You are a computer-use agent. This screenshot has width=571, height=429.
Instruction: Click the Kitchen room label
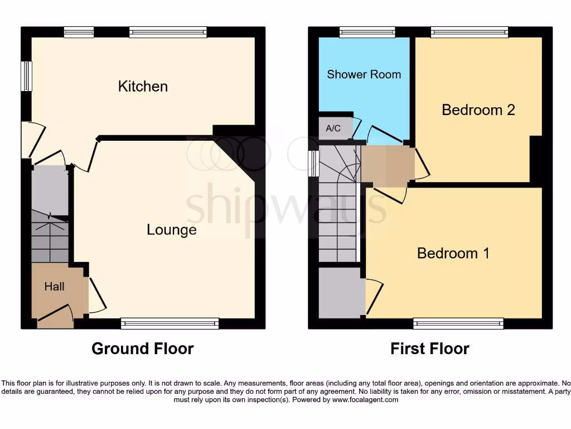[143, 86]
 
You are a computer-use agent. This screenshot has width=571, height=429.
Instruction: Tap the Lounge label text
[171, 230]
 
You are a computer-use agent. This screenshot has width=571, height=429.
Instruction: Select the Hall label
[54, 287]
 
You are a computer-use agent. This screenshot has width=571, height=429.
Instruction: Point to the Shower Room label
[364, 74]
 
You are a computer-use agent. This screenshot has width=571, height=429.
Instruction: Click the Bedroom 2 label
[478, 109]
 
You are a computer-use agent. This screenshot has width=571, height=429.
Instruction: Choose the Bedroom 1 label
[453, 253]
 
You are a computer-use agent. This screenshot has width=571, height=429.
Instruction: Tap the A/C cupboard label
[333, 128]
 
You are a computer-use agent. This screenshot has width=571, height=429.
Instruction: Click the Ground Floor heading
[142, 349]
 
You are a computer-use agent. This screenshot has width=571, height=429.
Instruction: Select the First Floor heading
[429, 349]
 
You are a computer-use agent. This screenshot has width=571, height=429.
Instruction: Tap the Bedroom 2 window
[469, 32]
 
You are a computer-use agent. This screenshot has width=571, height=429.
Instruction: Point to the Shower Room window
[367, 32]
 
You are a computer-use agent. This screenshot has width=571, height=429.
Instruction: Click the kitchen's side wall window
[26, 75]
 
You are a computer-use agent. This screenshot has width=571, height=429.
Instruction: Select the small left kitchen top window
[78, 32]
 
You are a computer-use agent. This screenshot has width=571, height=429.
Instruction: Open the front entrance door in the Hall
[55, 316]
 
